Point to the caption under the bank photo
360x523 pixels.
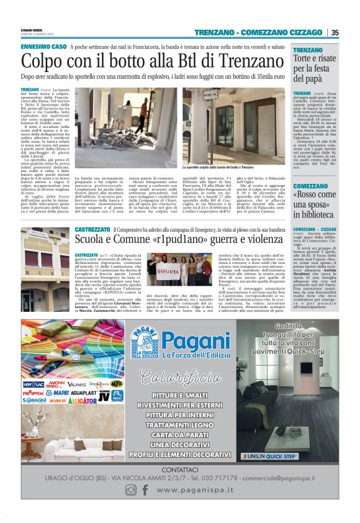tap(218, 168)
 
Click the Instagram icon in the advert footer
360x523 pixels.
tap(130, 490)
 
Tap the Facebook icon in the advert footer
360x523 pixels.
tap(145, 490)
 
